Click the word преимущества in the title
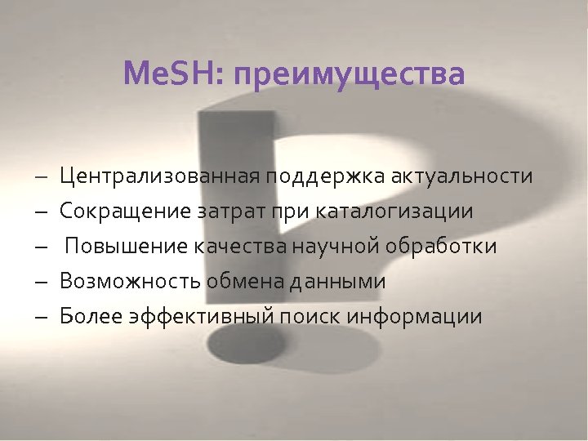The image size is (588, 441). click(x=349, y=76)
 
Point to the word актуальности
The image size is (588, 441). click(x=461, y=176)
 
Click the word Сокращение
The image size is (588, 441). click(x=125, y=212)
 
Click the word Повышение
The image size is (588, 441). click(x=127, y=247)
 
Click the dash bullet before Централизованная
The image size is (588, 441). click(x=41, y=177)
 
